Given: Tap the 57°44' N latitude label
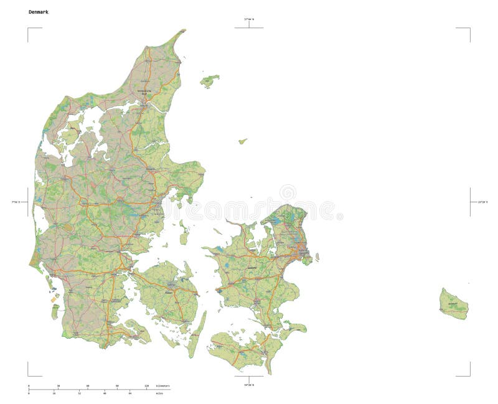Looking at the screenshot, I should pyautogui.click(x=248, y=20).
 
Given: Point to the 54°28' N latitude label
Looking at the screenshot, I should pyautogui.click(x=248, y=385).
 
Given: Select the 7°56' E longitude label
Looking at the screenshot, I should pyautogui.click(x=15, y=202).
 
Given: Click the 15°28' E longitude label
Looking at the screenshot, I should pyautogui.click(x=482, y=202).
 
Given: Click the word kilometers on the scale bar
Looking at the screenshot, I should pyautogui.click(x=162, y=386).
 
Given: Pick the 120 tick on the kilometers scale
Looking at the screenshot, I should pyautogui.click(x=147, y=386).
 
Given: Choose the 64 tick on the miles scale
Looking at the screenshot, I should pyautogui.click(x=129, y=393).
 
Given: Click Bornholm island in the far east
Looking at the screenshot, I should pyautogui.click(x=453, y=304).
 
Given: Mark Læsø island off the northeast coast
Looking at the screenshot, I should pyautogui.click(x=209, y=80).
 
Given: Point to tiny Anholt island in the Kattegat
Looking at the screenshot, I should pyautogui.click(x=242, y=141).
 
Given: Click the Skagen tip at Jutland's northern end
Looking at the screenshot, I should pyautogui.click(x=183, y=31).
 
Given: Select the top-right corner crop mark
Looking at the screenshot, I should pyautogui.click(x=469, y=29).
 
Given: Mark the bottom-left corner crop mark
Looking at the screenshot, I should pyautogui.click(x=29, y=375).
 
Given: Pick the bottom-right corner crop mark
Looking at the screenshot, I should pyautogui.click(x=469, y=375).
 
